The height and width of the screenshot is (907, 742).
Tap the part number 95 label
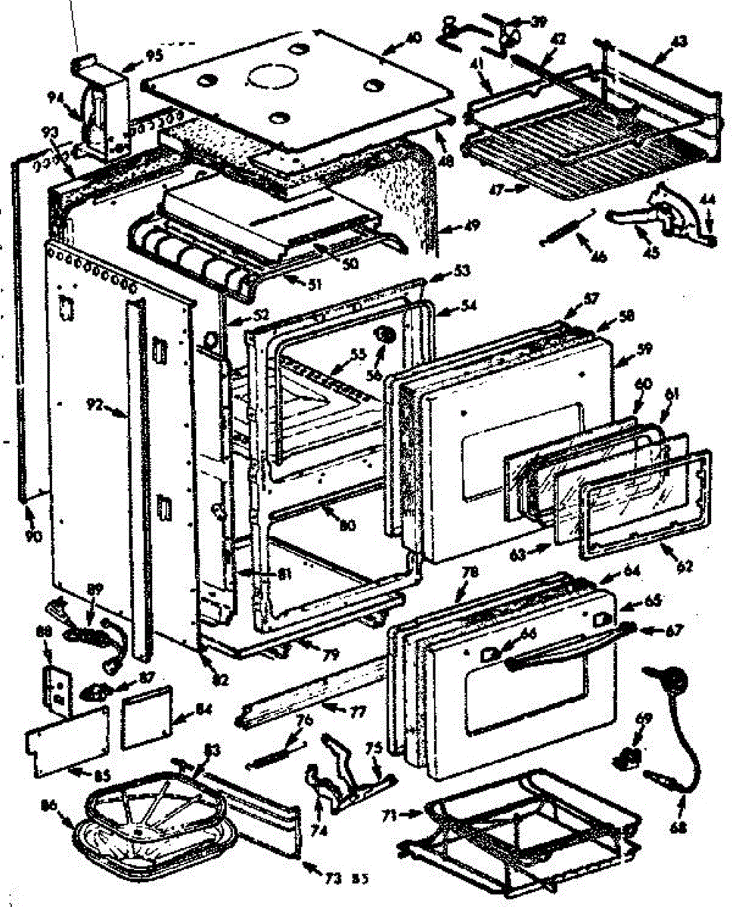[154, 55]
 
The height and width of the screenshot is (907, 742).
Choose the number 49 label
[452, 224]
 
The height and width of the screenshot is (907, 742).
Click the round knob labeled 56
[385, 334]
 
